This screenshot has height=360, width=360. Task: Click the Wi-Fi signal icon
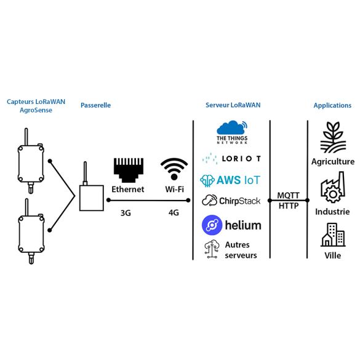[174, 169]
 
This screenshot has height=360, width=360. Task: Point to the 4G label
[174, 213]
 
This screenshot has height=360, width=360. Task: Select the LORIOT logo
[231, 159]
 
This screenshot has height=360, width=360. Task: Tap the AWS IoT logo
[231, 180]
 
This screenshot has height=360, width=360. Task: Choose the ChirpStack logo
[231, 201]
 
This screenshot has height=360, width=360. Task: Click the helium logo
[231, 225]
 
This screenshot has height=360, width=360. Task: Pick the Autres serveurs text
[237, 250]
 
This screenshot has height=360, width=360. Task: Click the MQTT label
[288, 196]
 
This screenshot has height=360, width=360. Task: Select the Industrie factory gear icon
[332, 190]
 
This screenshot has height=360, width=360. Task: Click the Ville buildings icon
[332, 234]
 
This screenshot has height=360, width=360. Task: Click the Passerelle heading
[95, 105]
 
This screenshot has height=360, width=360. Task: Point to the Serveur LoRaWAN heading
[233, 105]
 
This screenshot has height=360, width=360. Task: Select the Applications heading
[332, 105]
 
